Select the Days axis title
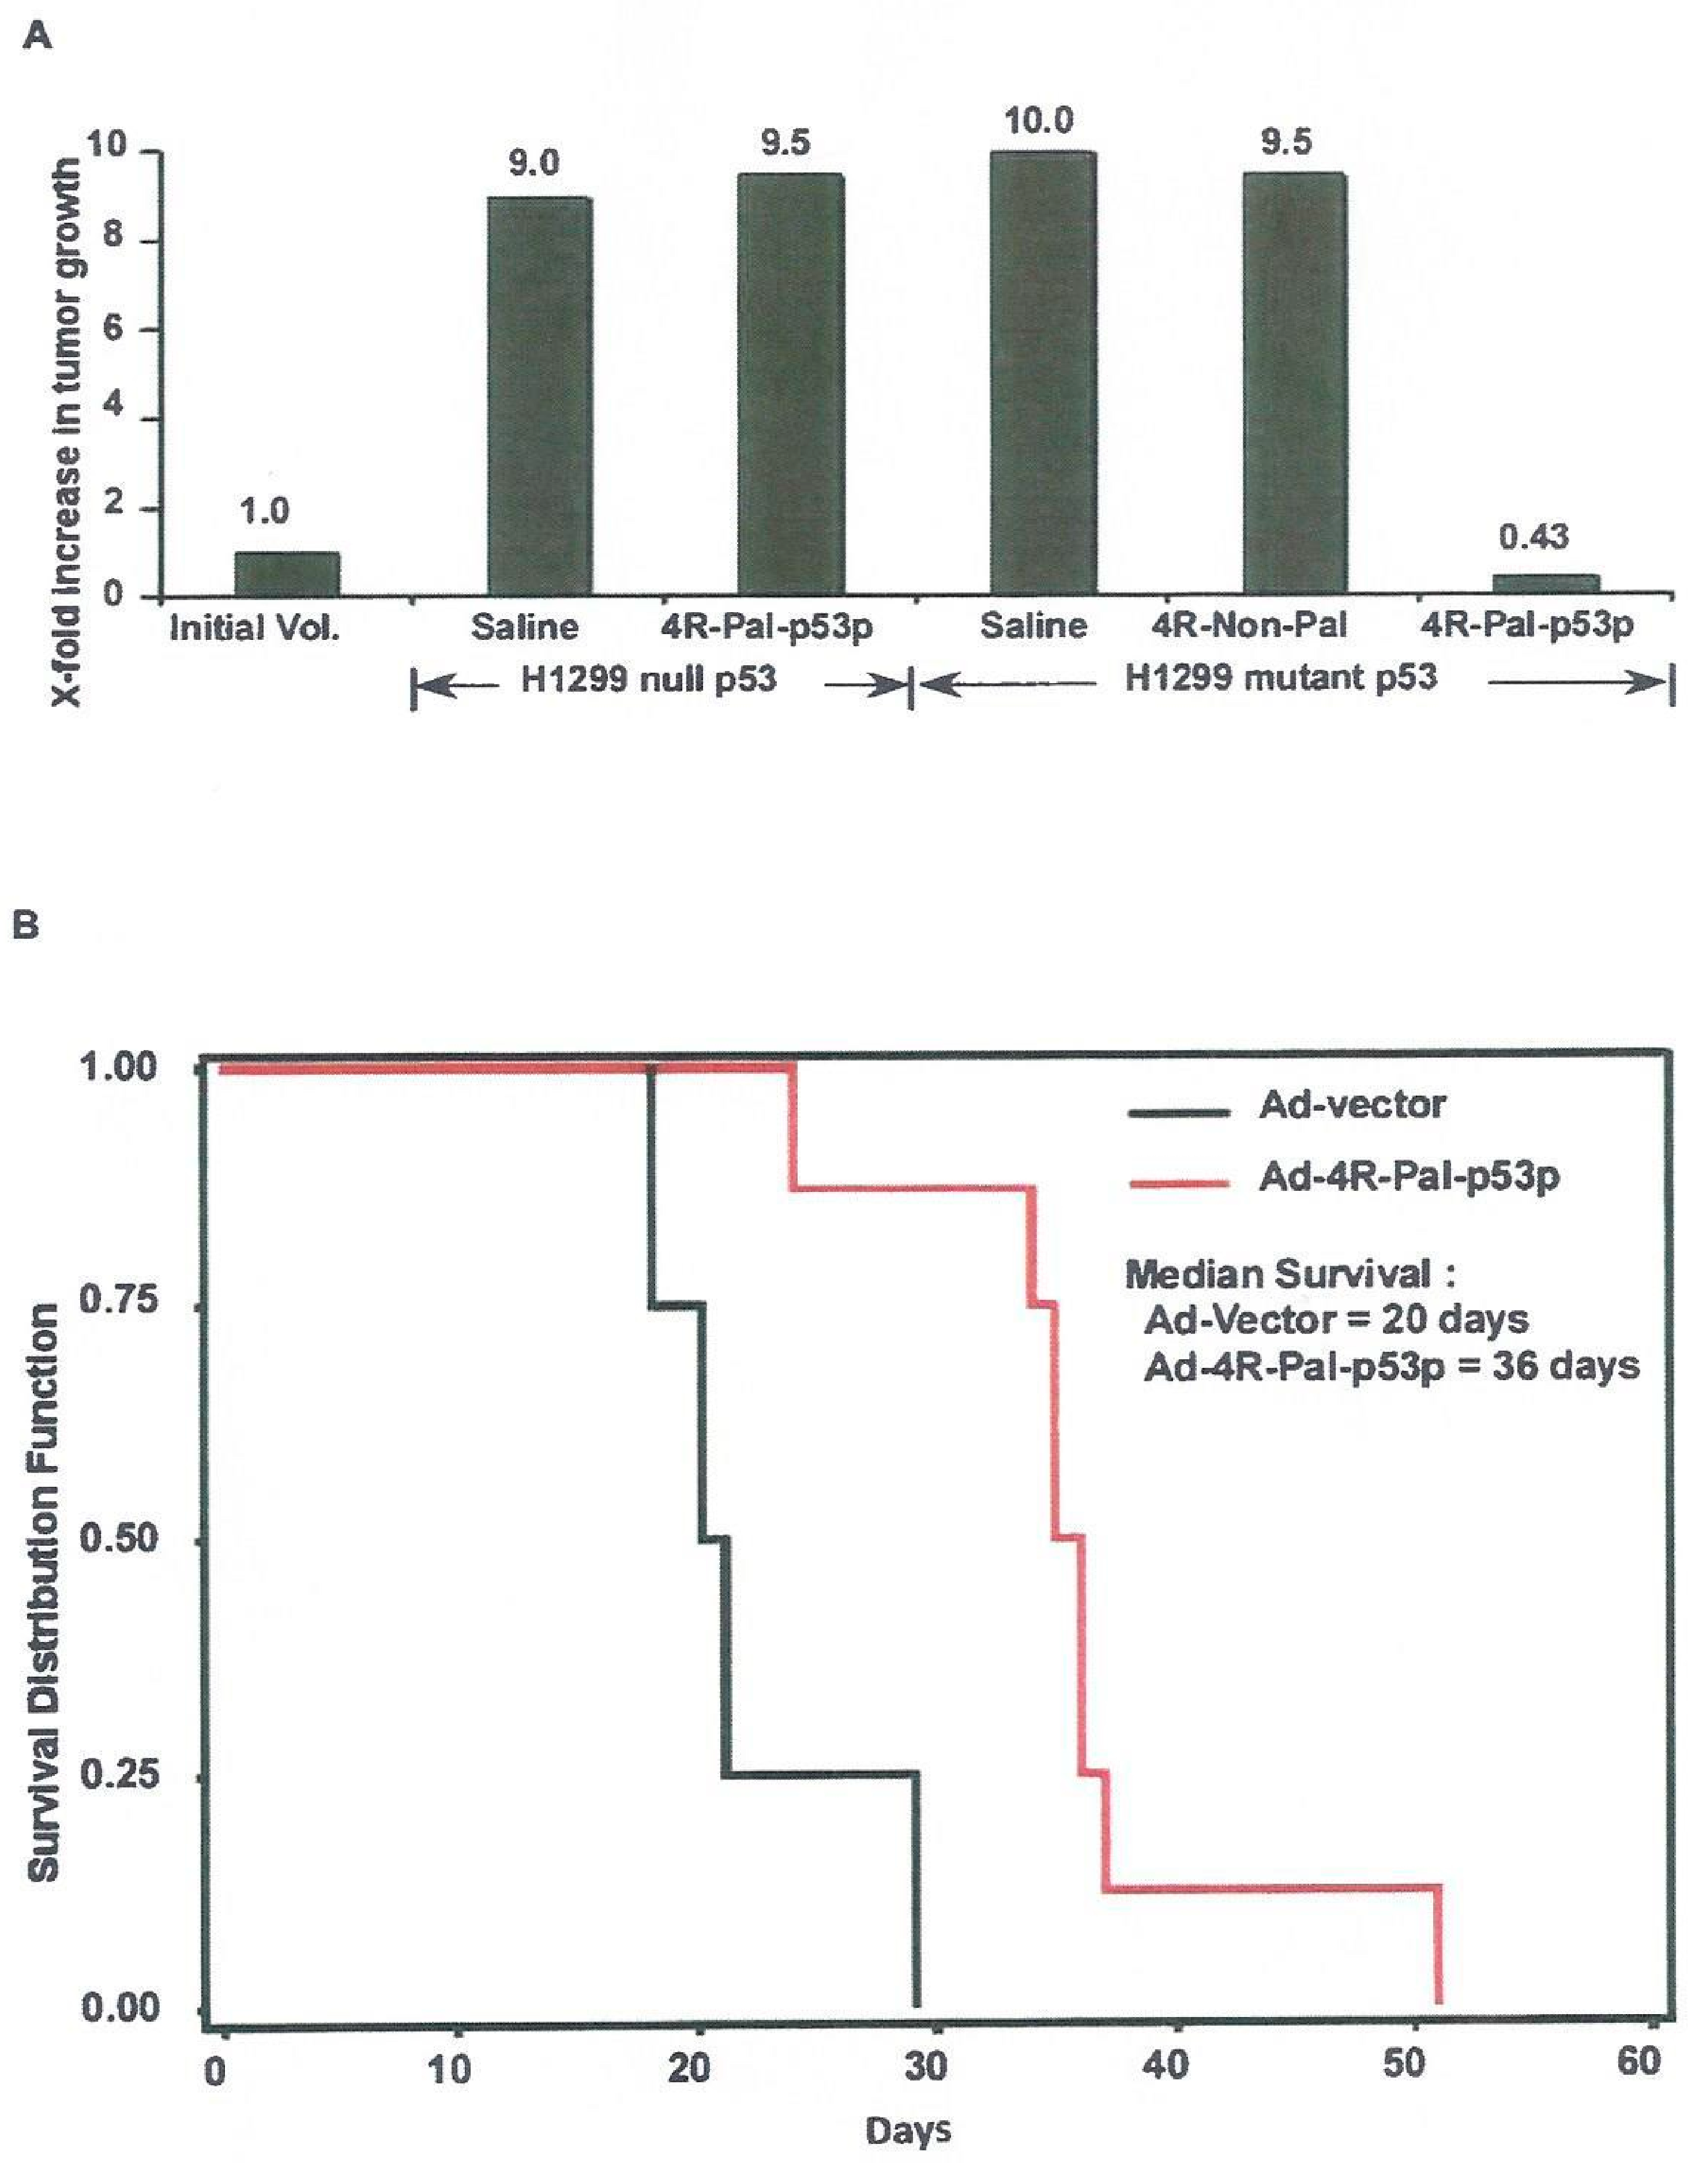pos(908,2130)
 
